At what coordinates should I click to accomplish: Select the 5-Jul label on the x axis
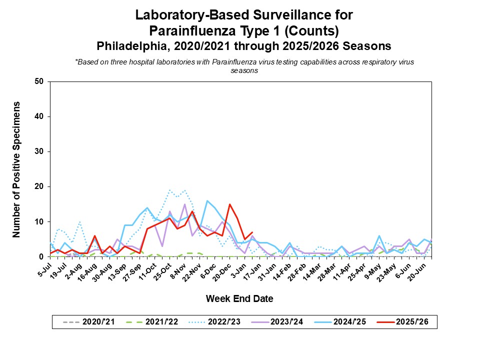pyautogui.click(x=44, y=266)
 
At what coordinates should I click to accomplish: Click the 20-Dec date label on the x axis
pyautogui.click(x=223, y=269)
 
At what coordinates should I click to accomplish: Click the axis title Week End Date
pyautogui.click(x=239, y=299)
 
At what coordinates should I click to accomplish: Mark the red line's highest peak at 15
pyautogui.click(x=229, y=204)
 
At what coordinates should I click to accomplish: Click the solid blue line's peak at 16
pyautogui.click(x=207, y=200)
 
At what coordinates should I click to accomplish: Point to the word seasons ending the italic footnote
pyautogui.click(x=244, y=70)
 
